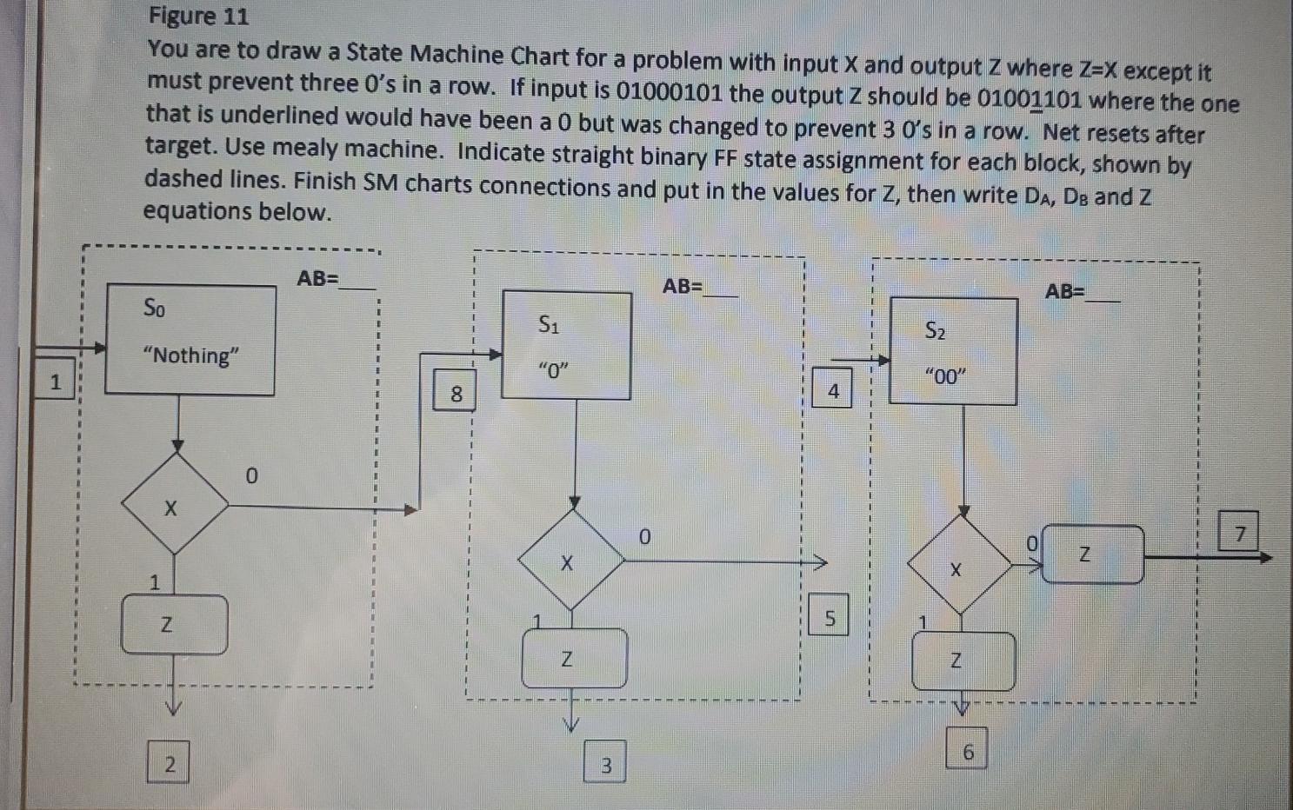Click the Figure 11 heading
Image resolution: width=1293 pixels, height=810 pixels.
[x=198, y=16]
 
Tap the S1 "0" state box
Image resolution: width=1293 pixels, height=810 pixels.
[x=567, y=346]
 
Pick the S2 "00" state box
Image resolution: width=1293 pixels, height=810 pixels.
[x=953, y=351]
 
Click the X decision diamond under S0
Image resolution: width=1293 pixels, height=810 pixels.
[x=176, y=504]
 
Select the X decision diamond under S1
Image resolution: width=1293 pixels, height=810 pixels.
[x=570, y=561]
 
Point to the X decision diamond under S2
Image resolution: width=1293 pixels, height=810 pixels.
[x=959, y=566]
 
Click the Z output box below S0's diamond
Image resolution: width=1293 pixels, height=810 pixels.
[x=174, y=624]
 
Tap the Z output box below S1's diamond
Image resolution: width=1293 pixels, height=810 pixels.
[x=574, y=658]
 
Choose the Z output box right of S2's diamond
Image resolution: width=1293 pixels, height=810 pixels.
[x=1091, y=554]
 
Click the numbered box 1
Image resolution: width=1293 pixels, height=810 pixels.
[x=56, y=382]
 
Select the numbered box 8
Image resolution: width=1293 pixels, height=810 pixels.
[x=456, y=394]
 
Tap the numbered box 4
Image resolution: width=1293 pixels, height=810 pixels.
[x=832, y=390]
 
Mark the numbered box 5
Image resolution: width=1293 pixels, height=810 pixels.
[x=830, y=618]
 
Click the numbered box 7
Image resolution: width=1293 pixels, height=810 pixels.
[x=1239, y=532]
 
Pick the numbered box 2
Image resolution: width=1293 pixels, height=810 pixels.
[x=170, y=764]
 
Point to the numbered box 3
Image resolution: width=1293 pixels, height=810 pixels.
[x=605, y=764]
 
